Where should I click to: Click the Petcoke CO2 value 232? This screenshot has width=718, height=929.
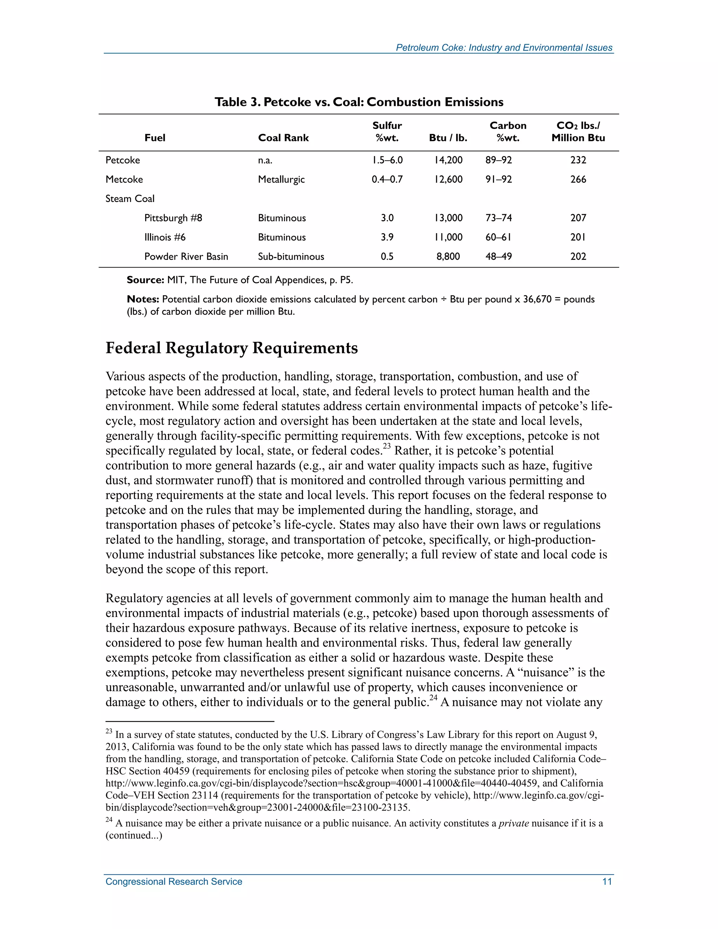click(578, 160)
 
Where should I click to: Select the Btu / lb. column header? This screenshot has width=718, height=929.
click(448, 138)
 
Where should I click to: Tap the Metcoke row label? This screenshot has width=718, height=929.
click(124, 179)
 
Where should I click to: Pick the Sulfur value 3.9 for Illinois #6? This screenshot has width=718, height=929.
click(387, 237)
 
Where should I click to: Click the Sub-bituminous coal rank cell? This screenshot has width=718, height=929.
click(291, 257)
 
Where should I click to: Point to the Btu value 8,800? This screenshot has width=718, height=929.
click(448, 257)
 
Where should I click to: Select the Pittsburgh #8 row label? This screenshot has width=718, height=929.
click(173, 218)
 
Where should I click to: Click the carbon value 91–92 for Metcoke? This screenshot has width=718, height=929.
click(499, 179)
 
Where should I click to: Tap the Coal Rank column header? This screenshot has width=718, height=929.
click(283, 138)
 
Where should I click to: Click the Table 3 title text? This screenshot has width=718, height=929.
click(359, 102)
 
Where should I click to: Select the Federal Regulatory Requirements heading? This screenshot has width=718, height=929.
click(231, 348)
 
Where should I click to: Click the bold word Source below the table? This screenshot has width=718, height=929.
click(145, 280)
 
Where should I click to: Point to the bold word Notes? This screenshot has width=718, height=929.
click(143, 299)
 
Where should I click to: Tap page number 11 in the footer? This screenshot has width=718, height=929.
click(607, 882)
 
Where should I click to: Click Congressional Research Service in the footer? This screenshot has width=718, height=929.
click(174, 882)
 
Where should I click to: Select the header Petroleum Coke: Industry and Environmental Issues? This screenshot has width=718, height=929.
click(504, 48)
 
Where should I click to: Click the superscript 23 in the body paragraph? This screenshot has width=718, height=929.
click(386, 446)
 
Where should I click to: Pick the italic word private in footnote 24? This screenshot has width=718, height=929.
click(513, 823)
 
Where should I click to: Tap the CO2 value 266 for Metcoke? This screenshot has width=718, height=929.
click(578, 179)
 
